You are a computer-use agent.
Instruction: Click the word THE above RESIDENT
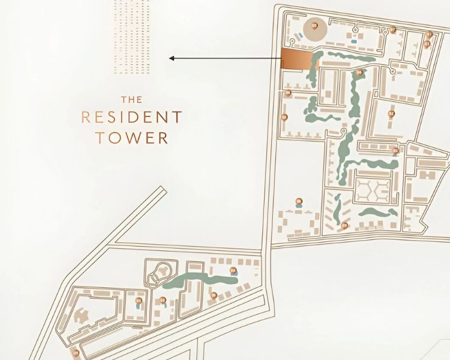(131, 100)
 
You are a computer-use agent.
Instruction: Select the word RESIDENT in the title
(131, 117)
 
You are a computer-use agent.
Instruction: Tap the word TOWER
(131, 137)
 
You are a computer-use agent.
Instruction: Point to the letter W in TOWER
(138, 137)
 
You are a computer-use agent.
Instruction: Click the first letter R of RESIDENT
(85, 117)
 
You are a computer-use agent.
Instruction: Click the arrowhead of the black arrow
(172, 58)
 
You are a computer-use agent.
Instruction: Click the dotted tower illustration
(132, 36)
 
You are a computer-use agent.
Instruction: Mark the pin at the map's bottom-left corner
(76, 352)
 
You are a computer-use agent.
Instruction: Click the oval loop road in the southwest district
(159, 274)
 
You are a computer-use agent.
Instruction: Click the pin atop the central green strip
(359, 73)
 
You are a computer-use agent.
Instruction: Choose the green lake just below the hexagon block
(378, 213)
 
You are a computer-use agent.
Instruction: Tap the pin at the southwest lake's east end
(232, 271)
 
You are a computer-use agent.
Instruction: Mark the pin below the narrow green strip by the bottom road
(344, 226)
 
